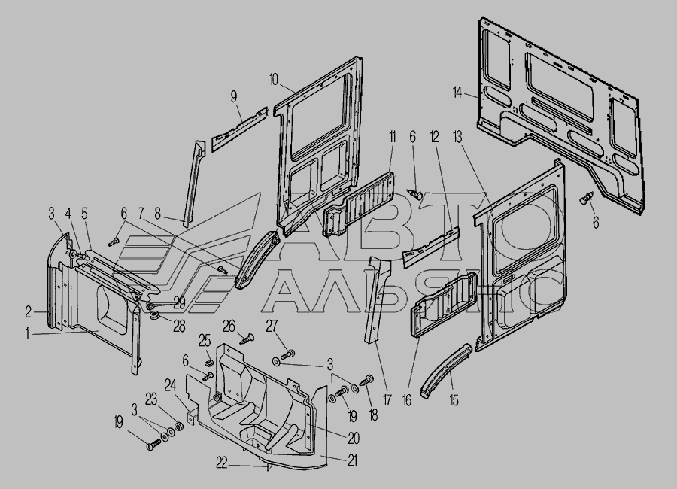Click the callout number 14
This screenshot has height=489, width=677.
[457, 93]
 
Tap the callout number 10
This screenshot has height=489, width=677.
[274, 80]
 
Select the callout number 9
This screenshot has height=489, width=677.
[234, 96]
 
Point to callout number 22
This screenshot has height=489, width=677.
[221, 463]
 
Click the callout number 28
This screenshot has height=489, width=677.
[179, 326]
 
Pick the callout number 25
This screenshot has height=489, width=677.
[204, 341]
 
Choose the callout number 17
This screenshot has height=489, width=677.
[387, 400]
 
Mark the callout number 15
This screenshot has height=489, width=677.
[454, 400]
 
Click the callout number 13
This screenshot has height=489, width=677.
[457, 138]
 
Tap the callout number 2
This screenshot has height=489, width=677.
[28, 311]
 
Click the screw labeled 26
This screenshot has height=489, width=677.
[247, 339]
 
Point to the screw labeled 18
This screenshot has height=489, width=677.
[366, 381]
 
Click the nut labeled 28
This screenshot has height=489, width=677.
[153, 316]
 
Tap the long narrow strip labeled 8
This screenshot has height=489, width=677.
[193, 183]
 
